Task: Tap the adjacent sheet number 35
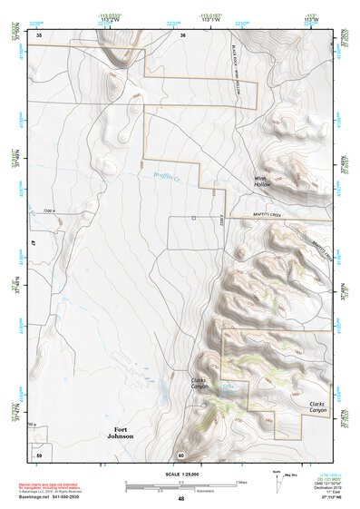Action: [39, 34]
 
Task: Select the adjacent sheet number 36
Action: [182, 34]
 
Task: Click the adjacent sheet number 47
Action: [32, 244]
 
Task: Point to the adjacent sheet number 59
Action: [39, 454]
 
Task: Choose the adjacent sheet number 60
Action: [181, 455]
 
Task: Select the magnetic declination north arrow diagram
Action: [277, 481]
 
